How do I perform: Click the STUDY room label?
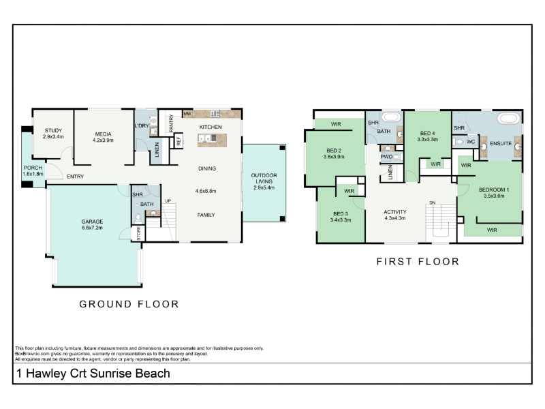[x=53, y=130]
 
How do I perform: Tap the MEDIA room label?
[x=104, y=134]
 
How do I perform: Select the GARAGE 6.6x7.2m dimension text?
[x=92, y=228]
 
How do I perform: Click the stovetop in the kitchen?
[x=215, y=113]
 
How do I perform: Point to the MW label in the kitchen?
[x=187, y=114]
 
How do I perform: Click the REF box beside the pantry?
[x=178, y=141]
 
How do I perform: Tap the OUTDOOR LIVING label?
[x=264, y=178]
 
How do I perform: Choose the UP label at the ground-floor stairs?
[x=168, y=200]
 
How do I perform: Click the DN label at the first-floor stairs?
[x=433, y=202]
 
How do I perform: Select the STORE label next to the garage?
[x=138, y=233]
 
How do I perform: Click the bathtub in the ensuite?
[x=509, y=118]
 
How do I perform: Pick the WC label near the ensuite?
[x=471, y=142]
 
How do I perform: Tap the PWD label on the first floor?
[x=386, y=157]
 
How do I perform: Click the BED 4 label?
[x=428, y=133]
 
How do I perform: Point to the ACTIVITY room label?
[x=395, y=212]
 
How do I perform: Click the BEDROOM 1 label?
[x=494, y=190]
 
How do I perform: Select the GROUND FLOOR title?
[x=129, y=304]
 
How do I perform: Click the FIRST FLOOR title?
[x=418, y=262]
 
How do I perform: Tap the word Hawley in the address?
[x=46, y=373]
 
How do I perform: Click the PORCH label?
[x=33, y=168]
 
